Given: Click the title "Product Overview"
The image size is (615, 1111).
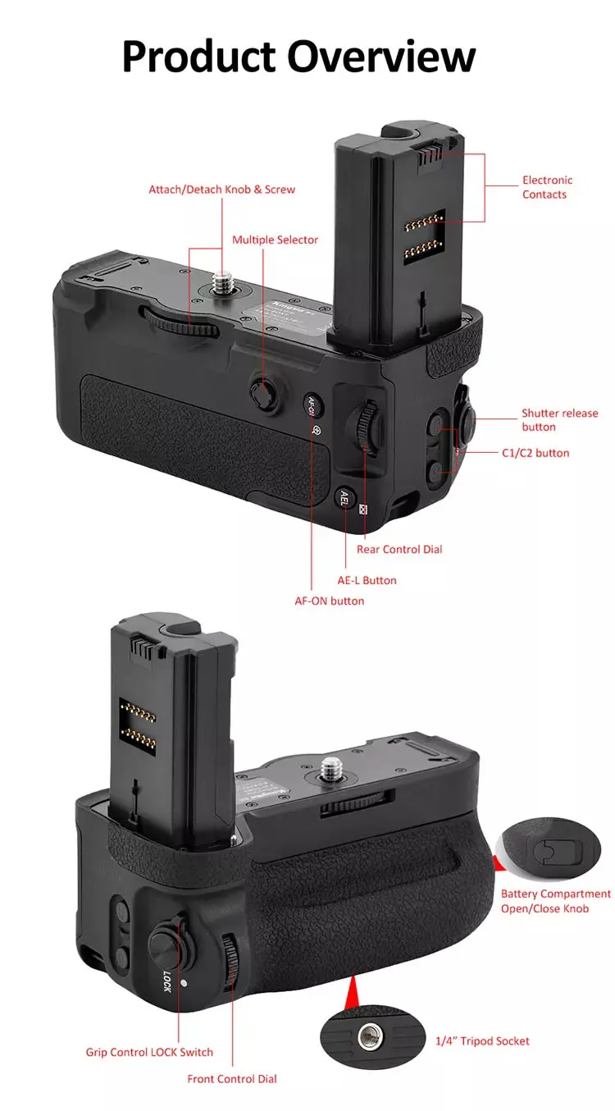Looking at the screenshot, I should (x=298, y=56).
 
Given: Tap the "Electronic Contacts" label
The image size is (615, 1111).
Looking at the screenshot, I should (x=547, y=187).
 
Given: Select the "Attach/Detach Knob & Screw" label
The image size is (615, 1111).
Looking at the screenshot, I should (x=221, y=190).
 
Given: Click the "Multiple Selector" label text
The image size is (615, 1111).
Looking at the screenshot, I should (x=275, y=240).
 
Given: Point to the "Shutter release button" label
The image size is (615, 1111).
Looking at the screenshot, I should (x=560, y=420).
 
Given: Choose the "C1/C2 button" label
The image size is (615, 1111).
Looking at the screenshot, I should (x=535, y=453).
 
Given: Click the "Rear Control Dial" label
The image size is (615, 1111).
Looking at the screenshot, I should (x=399, y=550).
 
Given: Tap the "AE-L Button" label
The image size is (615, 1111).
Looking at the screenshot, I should (x=367, y=580).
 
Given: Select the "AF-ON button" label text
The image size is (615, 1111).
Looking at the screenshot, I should (x=330, y=601).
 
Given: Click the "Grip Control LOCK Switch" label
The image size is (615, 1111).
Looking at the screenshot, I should (x=149, y=1052).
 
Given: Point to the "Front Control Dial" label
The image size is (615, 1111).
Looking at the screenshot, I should (x=232, y=1079).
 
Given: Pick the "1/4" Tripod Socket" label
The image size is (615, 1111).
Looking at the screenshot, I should (x=482, y=1041).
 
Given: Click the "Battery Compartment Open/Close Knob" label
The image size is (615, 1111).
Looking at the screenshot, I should (x=556, y=901).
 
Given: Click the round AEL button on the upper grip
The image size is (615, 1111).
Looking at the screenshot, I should (x=344, y=496).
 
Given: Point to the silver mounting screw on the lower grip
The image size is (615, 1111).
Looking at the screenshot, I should (x=331, y=769).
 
